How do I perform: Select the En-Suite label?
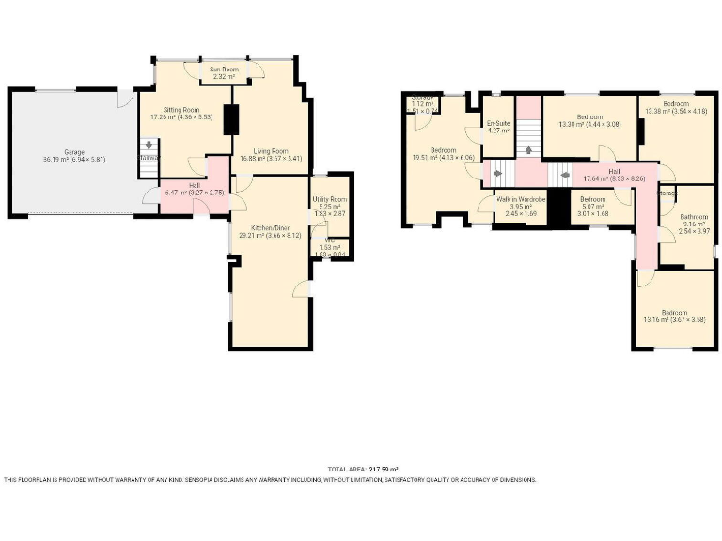click(497, 126)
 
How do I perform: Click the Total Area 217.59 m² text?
click(362, 469)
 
